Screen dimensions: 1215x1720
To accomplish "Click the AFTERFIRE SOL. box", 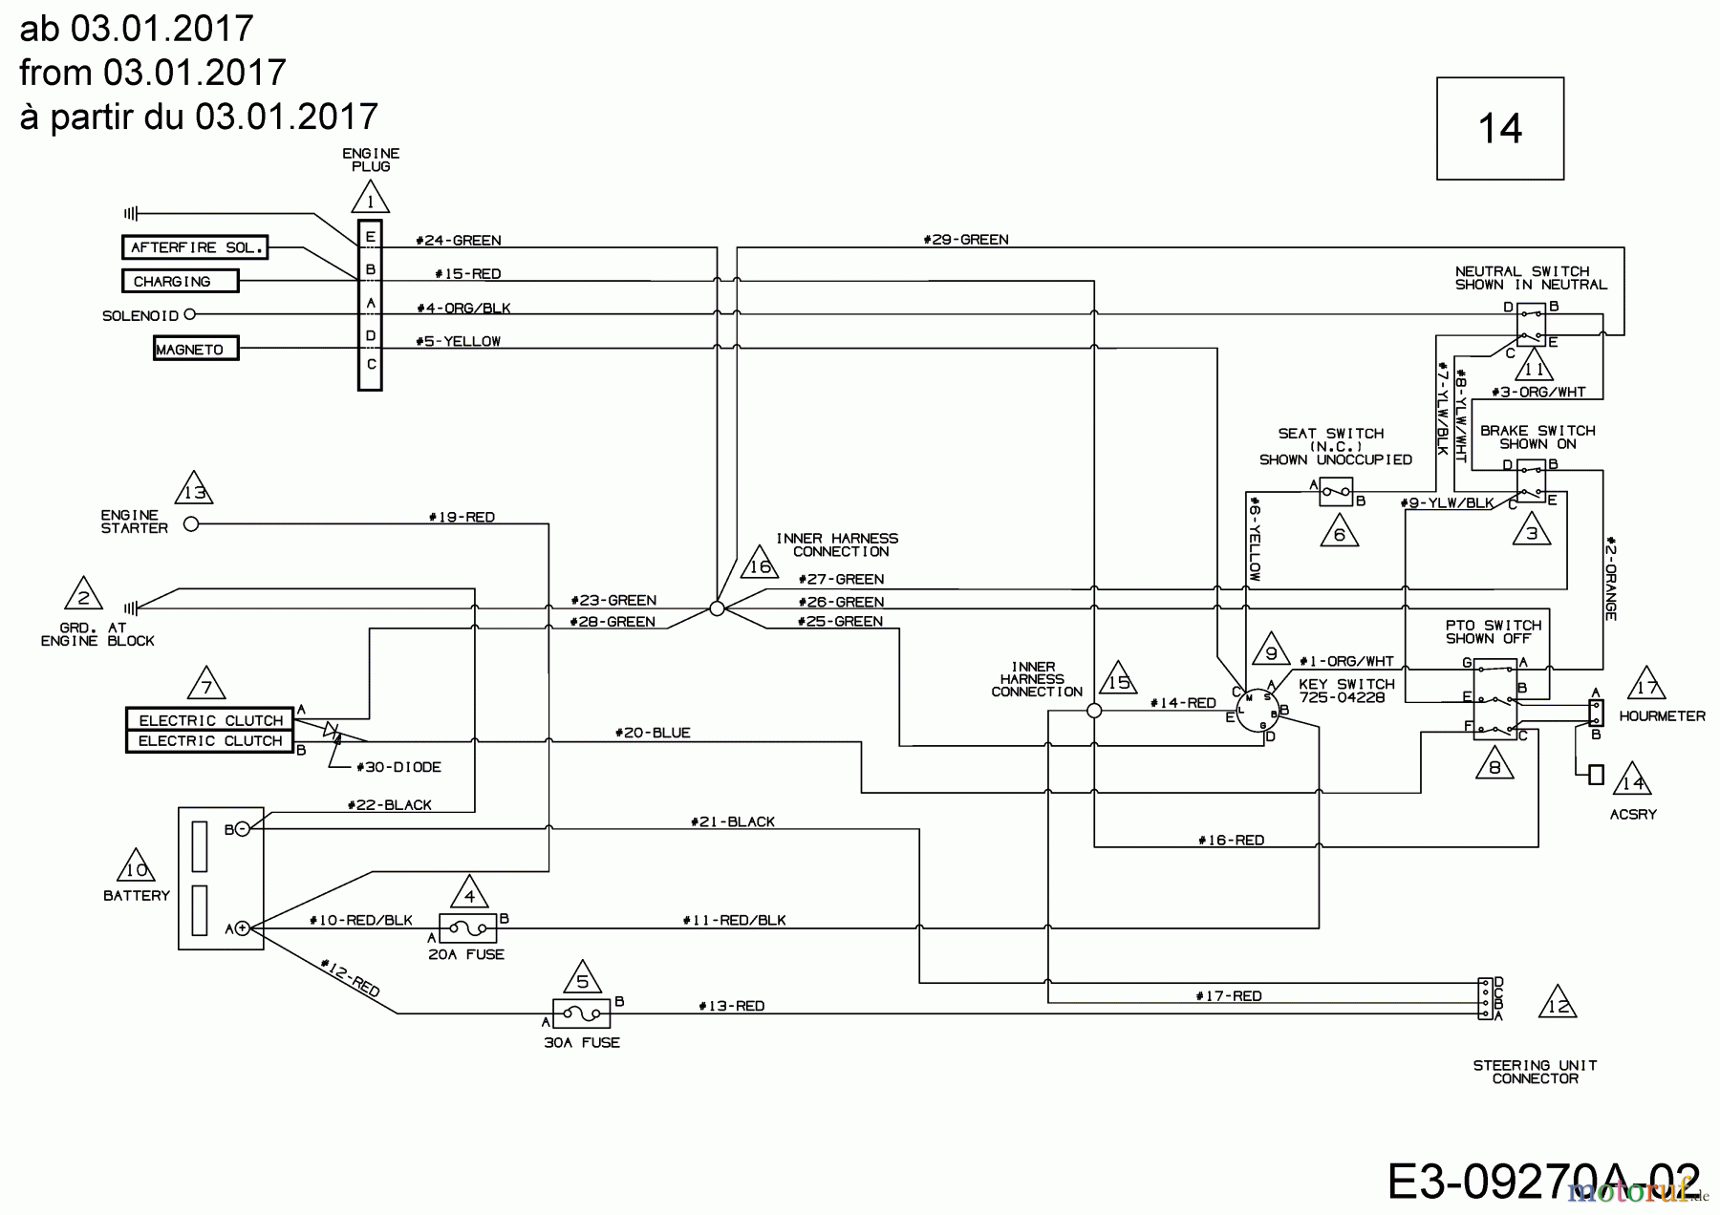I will [x=194, y=247].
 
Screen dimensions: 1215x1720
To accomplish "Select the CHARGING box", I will [x=180, y=281].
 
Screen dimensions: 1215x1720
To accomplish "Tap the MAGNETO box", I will [x=196, y=350].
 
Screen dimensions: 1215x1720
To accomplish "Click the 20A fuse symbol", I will [x=467, y=927].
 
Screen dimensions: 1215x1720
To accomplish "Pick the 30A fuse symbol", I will [x=582, y=1012].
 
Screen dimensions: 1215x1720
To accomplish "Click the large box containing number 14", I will [x=1499, y=128].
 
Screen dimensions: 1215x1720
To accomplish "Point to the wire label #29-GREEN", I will [x=965, y=240].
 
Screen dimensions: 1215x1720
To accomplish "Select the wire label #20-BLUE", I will [x=653, y=733].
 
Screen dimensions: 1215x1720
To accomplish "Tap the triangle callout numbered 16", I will [x=760, y=564].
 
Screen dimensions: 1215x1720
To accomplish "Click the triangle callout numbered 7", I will [x=206, y=685].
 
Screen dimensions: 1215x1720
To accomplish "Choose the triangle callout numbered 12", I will [x=1557, y=1004].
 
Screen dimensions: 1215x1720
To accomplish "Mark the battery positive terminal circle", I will [x=243, y=927].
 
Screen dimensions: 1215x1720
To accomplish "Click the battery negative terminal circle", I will [x=243, y=829].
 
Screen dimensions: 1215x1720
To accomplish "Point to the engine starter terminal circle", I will [x=191, y=523].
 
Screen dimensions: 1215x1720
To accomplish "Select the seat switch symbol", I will [x=1336, y=492].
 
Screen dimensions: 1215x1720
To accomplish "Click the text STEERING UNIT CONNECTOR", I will [x=1535, y=1072].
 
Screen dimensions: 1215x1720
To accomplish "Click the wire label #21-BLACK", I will [x=732, y=821].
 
